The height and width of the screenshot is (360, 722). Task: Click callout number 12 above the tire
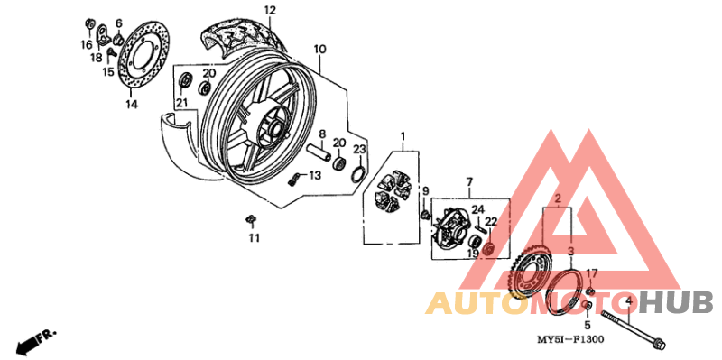pos(269,10)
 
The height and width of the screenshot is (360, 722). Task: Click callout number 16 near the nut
pos(87,44)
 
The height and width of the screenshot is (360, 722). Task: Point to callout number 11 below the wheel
pos(254,237)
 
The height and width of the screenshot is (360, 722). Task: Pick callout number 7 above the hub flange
pos(469,182)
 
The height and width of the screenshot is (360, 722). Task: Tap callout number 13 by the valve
pos(315,175)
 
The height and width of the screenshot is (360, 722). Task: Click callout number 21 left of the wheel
pos(181,102)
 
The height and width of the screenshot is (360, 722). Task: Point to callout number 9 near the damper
pos(426,190)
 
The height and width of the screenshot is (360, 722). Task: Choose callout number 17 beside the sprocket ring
pos(592,272)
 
